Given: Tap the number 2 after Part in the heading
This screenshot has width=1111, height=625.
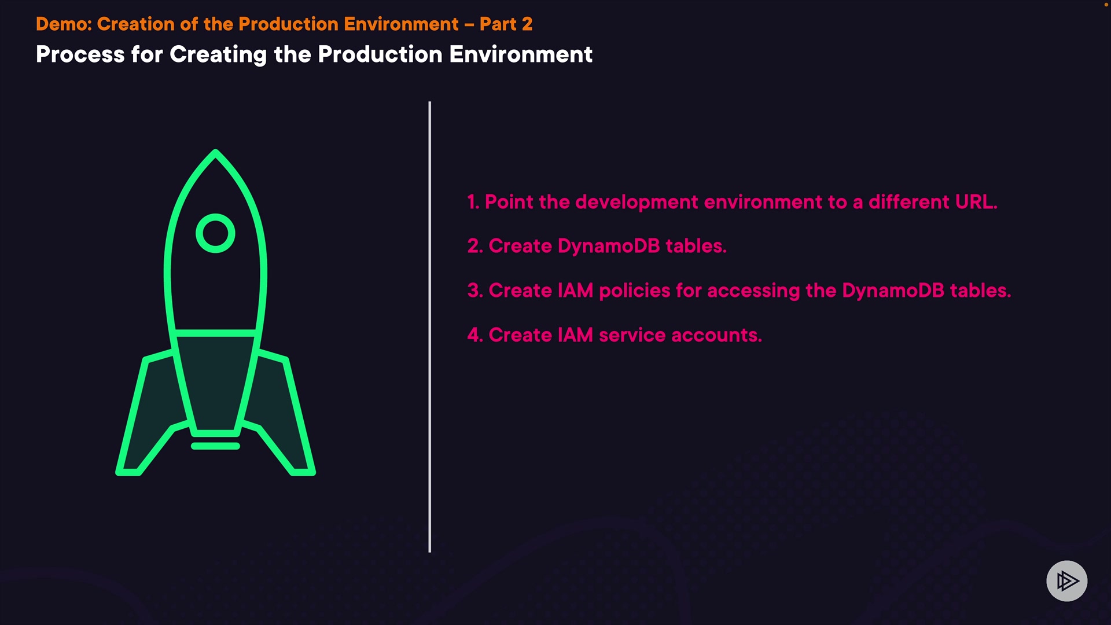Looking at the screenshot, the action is click(x=527, y=24).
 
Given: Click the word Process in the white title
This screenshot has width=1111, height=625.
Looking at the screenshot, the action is click(x=80, y=54).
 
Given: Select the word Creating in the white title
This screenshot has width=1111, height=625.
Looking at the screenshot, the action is click(x=218, y=56).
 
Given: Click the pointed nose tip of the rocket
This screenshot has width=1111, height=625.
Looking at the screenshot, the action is click(x=215, y=150).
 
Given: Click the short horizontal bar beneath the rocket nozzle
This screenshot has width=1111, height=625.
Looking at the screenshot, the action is click(x=215, y=446).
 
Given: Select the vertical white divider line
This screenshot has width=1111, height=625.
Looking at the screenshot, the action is click(x=430, y=327).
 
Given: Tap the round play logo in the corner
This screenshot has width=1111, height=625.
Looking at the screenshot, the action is click(x=1067, y=581).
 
